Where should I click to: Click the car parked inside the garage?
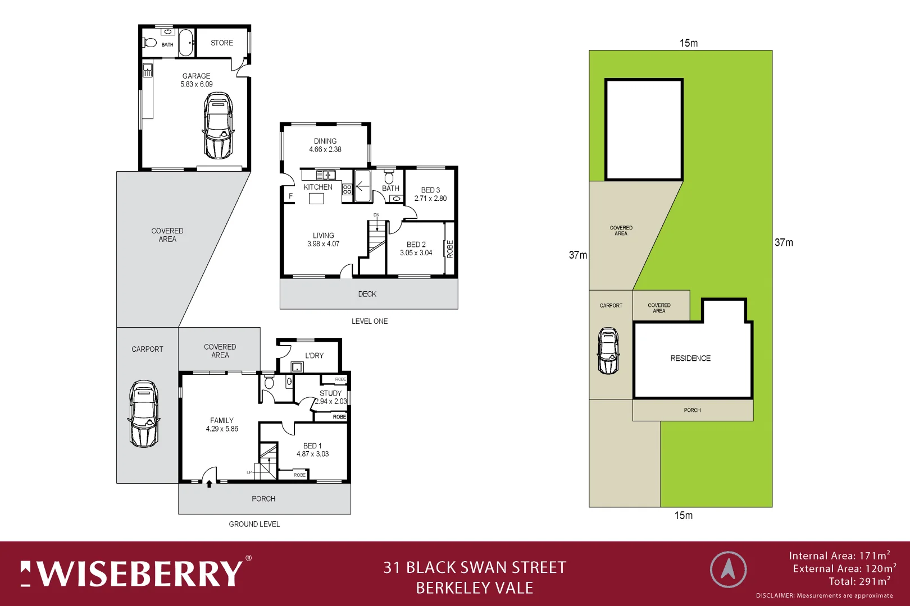[218, 126]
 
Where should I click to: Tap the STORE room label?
[222, 43]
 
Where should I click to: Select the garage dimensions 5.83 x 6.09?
[197, 85]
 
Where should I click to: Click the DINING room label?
[325, 141]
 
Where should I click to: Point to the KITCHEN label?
[318, 187]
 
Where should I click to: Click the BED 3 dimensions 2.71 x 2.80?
[430, 199]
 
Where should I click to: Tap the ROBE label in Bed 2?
[450, 249]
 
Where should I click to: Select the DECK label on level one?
[367, 294]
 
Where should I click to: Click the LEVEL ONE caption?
[370, 322]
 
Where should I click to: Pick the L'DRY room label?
[315, 355]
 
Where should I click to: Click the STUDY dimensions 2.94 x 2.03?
[331, 401]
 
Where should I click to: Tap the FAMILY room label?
[222, 420]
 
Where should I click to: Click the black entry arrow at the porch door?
[209, 484]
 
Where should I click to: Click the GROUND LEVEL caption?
[254, 524]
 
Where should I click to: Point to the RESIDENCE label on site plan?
[690, 359]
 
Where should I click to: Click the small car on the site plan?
[608, 351]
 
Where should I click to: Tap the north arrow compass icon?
[728, 570]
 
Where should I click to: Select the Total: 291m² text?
[859, 582]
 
